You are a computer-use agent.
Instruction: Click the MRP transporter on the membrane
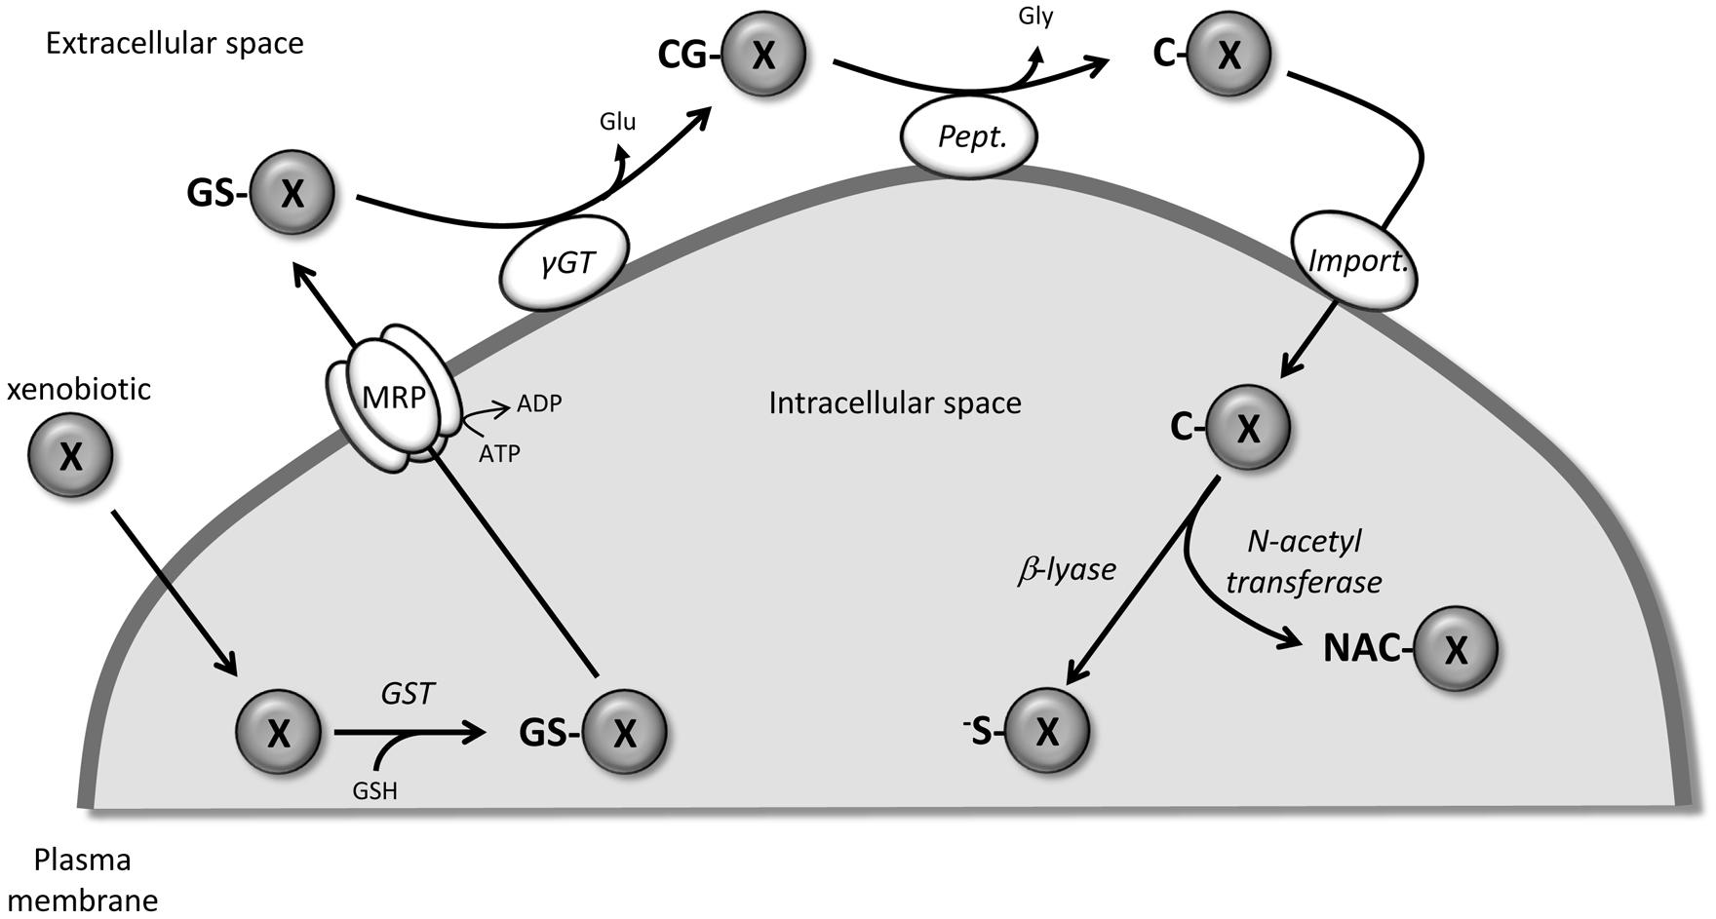tap(394, 400)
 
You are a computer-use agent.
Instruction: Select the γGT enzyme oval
tap(565, 262)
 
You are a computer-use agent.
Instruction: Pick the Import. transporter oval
tap(1355, 260)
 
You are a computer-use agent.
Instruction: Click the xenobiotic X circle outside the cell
tap(70, 455)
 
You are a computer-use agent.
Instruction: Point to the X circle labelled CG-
tap(764, 56)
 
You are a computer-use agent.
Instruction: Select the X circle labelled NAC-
tap(1455, 649)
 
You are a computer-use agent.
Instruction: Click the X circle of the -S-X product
tap(1046, 731)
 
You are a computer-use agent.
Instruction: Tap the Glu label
tap(617, 122)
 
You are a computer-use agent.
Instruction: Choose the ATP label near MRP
tap(499, 453)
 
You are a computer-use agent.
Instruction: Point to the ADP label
tap(539, 403)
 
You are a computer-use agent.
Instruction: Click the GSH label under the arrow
tap(375, 790)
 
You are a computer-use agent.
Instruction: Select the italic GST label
tap(408, 694)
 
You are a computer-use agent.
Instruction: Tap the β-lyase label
tap(1067, 570)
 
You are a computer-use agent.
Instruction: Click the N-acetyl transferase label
tap(1304, 561)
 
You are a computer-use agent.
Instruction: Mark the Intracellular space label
tap(894, 403)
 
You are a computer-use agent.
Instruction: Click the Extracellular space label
tap(175, 44)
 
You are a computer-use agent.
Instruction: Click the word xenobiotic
tap(79, 390)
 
